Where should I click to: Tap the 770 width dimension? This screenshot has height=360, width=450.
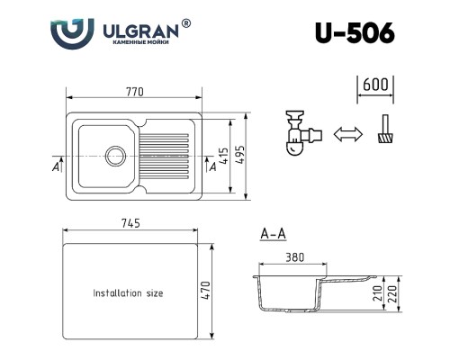135,93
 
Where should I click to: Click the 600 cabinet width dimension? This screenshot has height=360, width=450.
376,86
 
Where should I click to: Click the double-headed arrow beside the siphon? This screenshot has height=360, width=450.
346,136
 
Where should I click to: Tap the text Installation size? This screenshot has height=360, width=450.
129,293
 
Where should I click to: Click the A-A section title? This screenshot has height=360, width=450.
274,235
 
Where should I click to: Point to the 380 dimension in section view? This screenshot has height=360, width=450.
293,256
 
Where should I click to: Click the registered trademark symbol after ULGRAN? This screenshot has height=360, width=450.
186,24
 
